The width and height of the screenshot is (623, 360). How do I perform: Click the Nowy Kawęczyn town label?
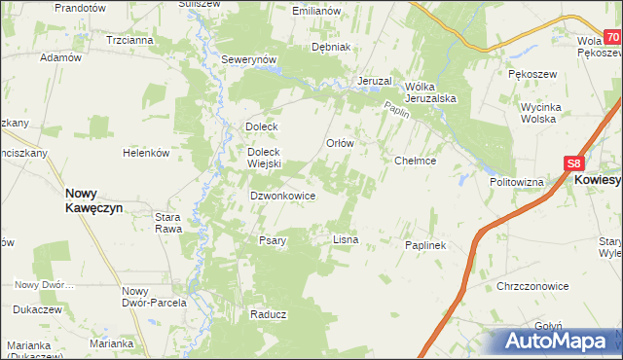point(92,200)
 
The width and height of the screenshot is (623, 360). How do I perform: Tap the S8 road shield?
point(574,164)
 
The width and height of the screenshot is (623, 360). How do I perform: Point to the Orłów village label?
point(339,142)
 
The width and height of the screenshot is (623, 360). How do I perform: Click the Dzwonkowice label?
point(282,195)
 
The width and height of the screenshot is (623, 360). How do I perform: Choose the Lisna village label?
point(346,238)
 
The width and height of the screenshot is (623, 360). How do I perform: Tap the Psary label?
point(272,240)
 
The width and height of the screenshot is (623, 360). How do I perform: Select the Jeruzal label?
point(374,80)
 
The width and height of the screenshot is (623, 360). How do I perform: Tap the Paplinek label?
point(424,245)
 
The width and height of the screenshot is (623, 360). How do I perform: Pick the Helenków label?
point(146,153)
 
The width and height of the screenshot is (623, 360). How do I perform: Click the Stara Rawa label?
point(168,223)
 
